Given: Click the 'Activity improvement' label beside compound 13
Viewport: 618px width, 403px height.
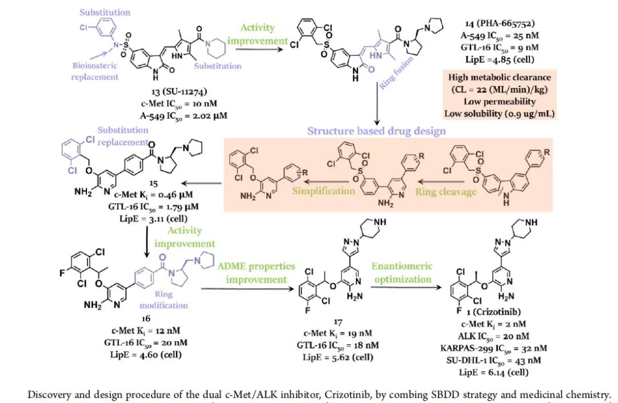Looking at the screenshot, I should [257, 34].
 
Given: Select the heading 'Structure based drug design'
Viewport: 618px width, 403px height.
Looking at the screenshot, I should [376, 131].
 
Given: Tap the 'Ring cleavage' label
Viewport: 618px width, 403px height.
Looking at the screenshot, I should [446, 192].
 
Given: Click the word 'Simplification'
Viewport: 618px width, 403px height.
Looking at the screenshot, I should [323, 190].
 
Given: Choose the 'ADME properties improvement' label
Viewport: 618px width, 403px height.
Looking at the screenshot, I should [255, 273].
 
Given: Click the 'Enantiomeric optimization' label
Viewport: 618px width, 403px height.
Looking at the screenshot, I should [402, 273].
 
